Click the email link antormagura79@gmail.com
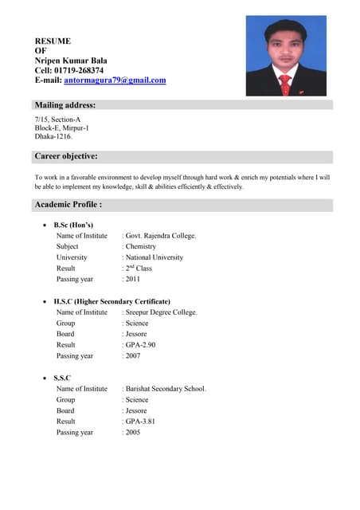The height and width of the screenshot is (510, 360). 115,80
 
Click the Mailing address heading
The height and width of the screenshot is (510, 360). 65,105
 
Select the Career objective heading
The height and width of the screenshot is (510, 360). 66,156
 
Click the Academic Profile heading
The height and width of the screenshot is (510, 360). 68,205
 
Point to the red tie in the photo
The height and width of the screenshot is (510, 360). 285,84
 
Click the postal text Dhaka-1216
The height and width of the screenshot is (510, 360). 53,136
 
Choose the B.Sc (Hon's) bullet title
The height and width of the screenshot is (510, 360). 74,225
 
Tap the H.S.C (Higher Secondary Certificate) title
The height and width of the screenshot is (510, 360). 112,302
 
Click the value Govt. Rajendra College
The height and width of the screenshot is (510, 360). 161,236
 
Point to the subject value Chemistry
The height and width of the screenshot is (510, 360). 141,247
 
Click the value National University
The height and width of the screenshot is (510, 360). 155,257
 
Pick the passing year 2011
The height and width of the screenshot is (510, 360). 133,280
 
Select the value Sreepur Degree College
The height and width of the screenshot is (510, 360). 162,312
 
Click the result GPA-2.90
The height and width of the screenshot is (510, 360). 140,345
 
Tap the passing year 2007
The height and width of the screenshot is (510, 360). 133,356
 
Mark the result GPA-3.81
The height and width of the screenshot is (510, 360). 140,421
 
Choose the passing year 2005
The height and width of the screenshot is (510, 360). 133,432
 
